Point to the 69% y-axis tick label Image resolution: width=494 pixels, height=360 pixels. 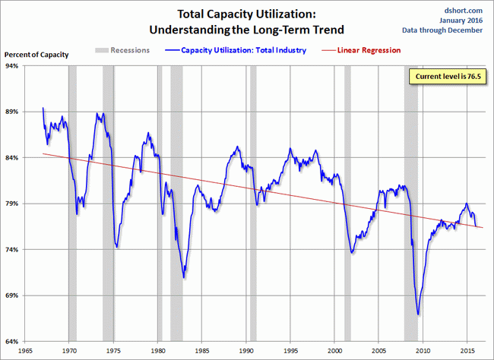click(14, 295)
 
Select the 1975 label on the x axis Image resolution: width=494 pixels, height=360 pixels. click(113, 352)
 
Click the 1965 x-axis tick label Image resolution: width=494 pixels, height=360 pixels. click(24, 352)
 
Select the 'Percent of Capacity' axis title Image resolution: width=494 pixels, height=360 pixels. click(37, 55)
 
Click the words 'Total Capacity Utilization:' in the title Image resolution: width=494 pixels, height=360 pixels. click(247, 14)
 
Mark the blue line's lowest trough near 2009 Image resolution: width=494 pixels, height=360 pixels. click(418, 314)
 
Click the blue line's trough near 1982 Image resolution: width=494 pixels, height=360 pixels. click(184, 277)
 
